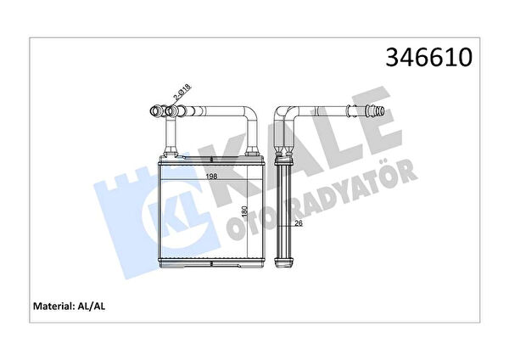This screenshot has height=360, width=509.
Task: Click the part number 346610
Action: (428, 57)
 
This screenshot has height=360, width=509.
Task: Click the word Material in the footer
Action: (53, 306)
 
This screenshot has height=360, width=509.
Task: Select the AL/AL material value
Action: (91, 306)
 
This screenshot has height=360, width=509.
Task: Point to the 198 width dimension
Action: (211, 177)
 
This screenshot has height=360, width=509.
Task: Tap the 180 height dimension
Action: (245, 211)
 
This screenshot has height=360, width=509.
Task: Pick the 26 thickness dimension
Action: (299, 223)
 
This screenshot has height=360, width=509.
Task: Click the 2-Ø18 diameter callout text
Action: (182, 93)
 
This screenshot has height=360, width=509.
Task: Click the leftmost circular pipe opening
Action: (155, 111)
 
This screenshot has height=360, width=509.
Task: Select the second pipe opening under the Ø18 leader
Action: (171, 111)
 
